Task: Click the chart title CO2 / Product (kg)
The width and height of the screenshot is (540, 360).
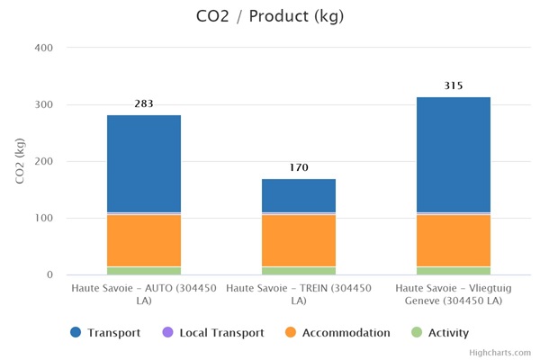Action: [x=269, y=16]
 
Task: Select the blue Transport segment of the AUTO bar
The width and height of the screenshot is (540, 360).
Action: [x=144, y=164]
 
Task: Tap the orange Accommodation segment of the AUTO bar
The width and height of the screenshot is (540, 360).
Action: [x=144, y=240]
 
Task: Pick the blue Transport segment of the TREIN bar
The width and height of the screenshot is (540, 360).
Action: [x=299, y=195]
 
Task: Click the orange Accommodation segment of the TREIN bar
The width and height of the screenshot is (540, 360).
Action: [x=299, y=240]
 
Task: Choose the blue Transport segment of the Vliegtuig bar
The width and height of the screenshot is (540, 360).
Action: [x=454, y=155]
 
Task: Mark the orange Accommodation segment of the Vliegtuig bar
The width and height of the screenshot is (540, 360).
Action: [x=454, y=240]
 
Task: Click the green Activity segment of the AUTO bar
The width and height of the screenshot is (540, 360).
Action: [x=144, y=270]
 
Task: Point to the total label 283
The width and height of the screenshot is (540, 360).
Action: [x=144, y=103]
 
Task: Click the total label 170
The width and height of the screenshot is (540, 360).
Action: [x=299, y=167]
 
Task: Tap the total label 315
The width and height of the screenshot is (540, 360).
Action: [x=454, y=85]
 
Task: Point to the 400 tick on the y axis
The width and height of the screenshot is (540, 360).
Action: [x=44, y=48]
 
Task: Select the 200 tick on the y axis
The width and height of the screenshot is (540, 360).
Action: [x=44, y=161]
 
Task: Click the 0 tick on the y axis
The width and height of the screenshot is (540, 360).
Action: [x=49, y=274]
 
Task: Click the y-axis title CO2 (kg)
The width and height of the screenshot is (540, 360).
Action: [x=20, y=161]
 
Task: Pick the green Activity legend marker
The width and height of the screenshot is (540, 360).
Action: [x=416, y=332]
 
